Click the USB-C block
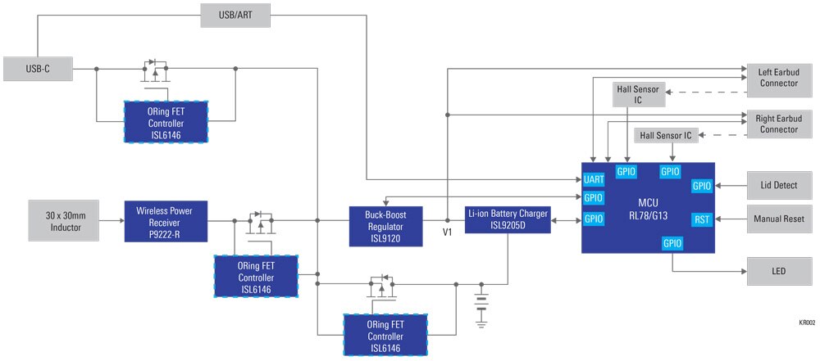point(38,69)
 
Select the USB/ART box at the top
point(235,16)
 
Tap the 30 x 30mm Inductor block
point(63,220)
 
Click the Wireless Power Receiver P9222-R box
point(166,221)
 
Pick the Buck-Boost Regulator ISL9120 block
point(385,226)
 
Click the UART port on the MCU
point(594,180)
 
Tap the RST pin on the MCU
point(702,219)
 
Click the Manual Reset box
point(779,219)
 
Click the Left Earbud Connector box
point(779,76)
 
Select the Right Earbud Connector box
point(779,124)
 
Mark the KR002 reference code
point(807,323)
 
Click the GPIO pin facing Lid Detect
point(702,186)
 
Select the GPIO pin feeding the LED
point(672,243)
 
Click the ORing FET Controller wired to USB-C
point(166,122)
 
